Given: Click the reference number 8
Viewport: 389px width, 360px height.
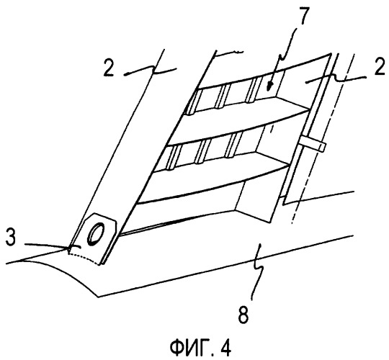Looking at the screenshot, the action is [x=243, y=314].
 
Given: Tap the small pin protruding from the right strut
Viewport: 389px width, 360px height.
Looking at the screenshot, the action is [x=313, y=144].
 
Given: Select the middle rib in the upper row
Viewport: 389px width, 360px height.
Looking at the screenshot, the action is [x=223, y=96].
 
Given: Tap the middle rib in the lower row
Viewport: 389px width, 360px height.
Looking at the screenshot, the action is [x=202, y=151].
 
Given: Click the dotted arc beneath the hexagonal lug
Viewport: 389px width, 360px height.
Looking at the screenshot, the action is [x=84, y=258].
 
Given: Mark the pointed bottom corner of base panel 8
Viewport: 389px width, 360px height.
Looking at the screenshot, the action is [x=99, y=297].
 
